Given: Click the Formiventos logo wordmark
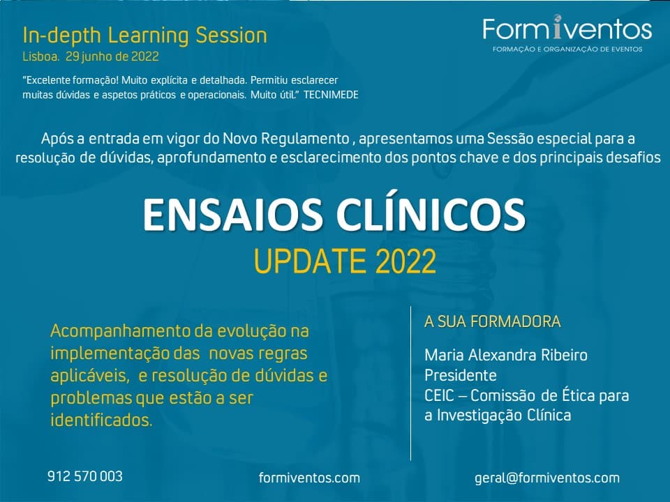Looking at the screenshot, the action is click(567, 29).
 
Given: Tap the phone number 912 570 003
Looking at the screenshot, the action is click(85, 476).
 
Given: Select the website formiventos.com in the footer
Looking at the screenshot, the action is click(309, 478).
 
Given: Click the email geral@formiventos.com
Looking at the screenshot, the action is click(547, 478).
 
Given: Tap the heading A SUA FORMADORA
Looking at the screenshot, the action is click(492, 321).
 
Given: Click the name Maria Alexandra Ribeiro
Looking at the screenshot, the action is click(506, 355).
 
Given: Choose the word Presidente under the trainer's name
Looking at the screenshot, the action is click(460, 375).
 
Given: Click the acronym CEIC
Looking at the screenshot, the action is click(439, 396).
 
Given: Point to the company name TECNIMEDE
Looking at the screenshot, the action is click(331, 95).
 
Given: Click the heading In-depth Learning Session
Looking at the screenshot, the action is click(145, 36).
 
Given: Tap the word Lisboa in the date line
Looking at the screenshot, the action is click(41, 56).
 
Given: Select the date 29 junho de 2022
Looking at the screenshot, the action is click(112, 56).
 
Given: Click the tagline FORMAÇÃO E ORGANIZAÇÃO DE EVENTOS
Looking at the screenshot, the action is click(567, 49).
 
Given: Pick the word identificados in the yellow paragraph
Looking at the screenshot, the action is click(101, 420).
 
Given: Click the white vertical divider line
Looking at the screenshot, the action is click(410, 383).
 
